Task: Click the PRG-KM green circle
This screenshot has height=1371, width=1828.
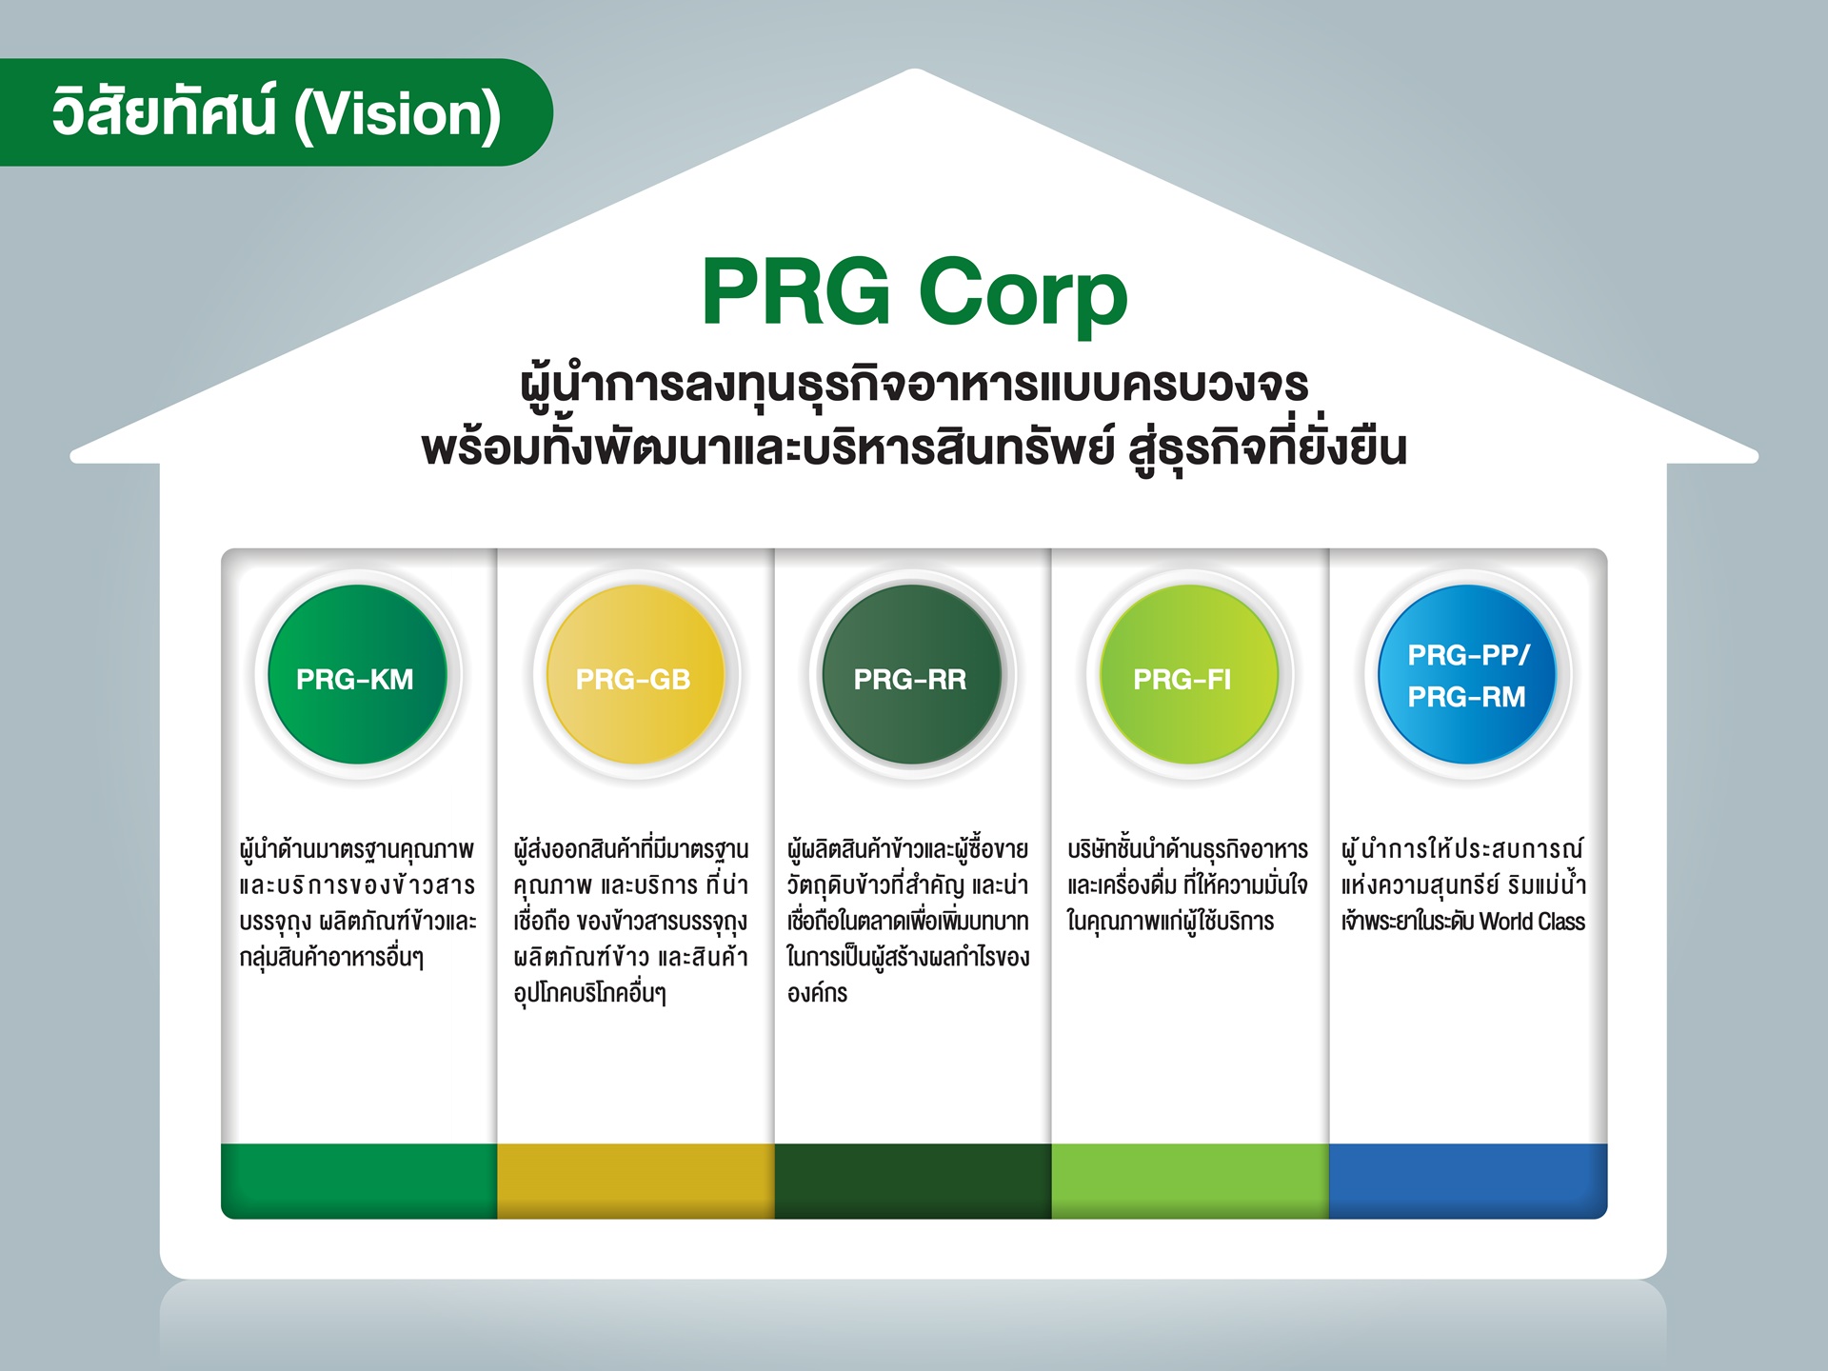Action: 357,674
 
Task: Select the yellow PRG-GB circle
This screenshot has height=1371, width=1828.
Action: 635,674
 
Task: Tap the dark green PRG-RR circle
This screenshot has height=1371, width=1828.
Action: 912,674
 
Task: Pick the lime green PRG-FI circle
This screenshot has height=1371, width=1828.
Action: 1189,674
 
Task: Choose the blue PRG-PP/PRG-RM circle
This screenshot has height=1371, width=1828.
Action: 1467,674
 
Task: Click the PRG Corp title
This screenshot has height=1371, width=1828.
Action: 914,292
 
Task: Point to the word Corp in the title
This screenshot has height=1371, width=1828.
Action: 1023,295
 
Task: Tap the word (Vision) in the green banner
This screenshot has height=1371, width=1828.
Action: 397,114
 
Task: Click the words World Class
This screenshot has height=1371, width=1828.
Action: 1532,922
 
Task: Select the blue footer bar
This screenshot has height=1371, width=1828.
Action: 1468,1181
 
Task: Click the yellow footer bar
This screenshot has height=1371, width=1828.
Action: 635,1181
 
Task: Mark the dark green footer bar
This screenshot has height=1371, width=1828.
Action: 912,1181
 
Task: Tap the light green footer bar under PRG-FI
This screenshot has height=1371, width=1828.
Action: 1190,1181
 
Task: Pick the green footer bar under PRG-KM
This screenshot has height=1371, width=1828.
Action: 359,1181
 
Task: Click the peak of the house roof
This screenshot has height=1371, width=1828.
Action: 914,70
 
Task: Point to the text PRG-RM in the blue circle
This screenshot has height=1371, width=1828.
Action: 1466,697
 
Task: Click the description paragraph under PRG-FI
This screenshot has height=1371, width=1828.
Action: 1187,885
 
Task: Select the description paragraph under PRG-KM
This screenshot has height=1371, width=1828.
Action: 357,903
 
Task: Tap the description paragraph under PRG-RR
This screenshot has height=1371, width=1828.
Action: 908,921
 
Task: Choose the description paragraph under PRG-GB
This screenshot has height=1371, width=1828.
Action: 631,921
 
